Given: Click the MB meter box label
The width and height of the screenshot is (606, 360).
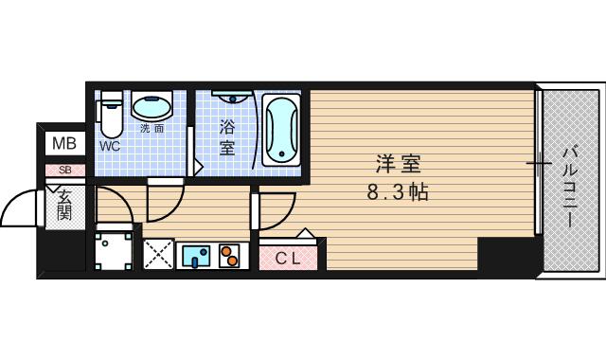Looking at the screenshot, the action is tap(64, 144).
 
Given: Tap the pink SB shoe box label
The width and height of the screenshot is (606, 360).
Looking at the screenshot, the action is tap(65, 170).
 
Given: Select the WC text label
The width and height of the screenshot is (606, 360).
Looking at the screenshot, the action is tap(110, 146).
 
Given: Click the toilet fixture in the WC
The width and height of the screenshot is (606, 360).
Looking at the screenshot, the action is tap(112, 115).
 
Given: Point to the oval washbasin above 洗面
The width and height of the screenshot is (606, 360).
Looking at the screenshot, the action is tap(151, 105).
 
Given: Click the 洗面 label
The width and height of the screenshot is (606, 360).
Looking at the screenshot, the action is tap(151, 129).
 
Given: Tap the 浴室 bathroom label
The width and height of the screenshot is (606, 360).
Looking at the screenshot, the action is tap(227, 137).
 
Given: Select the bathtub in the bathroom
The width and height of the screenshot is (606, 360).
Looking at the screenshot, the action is tap(281, 130).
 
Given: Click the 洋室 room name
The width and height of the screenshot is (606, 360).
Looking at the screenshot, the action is tap(398, 164).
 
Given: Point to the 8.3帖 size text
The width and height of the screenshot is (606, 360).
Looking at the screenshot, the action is tap(398, 191).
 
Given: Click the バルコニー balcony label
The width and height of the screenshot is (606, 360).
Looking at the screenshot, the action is tap(570, 187).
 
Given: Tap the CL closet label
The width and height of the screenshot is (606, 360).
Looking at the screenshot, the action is tap(288, 259).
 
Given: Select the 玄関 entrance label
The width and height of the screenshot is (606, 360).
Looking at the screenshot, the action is tap(64, 206).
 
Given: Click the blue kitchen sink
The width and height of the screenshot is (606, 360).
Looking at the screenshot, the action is tap(196, 256).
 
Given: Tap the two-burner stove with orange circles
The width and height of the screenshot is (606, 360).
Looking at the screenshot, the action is tap(229, 255).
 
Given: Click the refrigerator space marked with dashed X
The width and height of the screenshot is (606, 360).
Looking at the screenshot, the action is tap(158, 254).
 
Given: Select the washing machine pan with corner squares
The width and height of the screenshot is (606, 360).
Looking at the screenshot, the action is tap(114, 250).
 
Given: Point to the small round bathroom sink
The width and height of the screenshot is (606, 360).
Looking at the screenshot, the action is tap(233, 98).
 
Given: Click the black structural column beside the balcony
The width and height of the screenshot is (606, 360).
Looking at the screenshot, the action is tap(508, 257).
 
